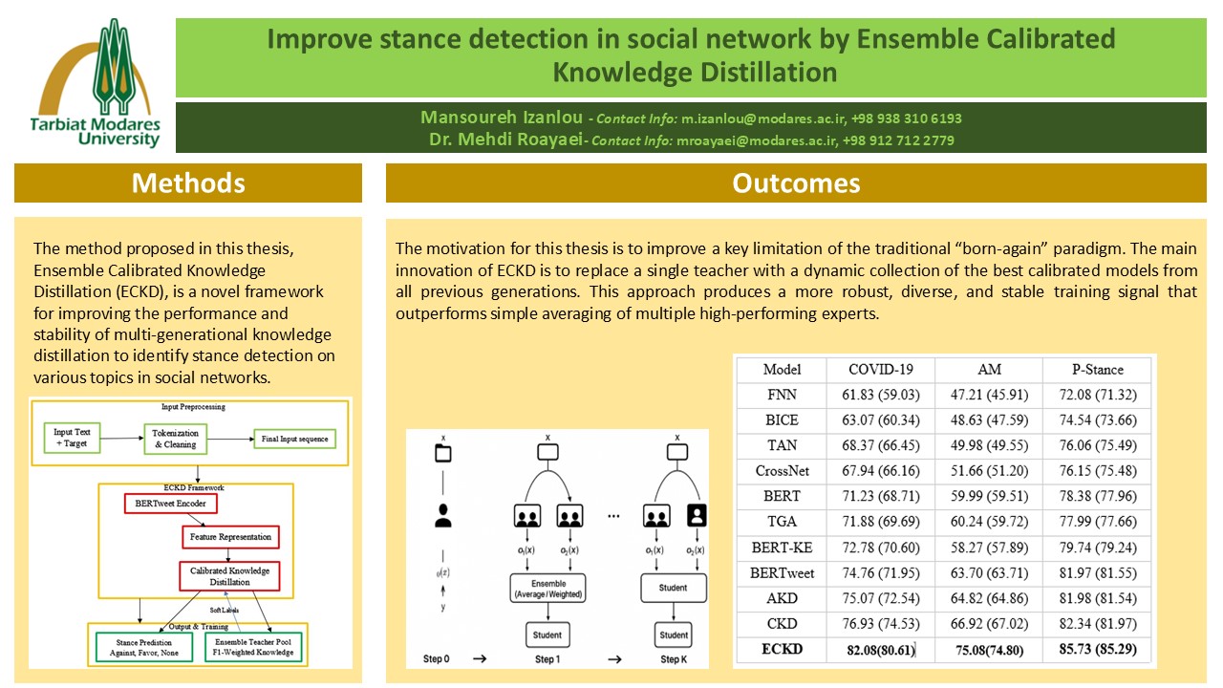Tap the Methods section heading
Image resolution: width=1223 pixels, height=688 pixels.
[x=188, y=183]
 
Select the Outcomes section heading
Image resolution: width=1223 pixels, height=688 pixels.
[x=796, y=183]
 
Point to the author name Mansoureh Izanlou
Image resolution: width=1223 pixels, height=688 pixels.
[x=502, y=118]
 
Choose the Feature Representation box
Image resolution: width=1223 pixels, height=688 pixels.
[x=230, y=537]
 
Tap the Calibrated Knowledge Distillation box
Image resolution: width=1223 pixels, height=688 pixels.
[x=229, y=575]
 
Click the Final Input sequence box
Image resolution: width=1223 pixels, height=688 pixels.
[x=293, y=440]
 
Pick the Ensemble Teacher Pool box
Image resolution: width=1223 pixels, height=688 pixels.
[x=259, y=648]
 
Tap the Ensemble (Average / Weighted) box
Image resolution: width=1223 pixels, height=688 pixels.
[x=547, y=589]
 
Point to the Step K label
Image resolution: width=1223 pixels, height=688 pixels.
[x=674, y=658]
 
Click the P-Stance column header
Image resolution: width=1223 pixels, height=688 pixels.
[x=1097, y=370]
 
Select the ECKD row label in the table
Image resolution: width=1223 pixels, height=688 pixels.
[x=782, y=651]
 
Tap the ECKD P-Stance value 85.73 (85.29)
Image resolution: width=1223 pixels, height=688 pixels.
[x=1097, y=651]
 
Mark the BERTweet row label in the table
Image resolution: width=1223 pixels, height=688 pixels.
[x=782, y=573]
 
